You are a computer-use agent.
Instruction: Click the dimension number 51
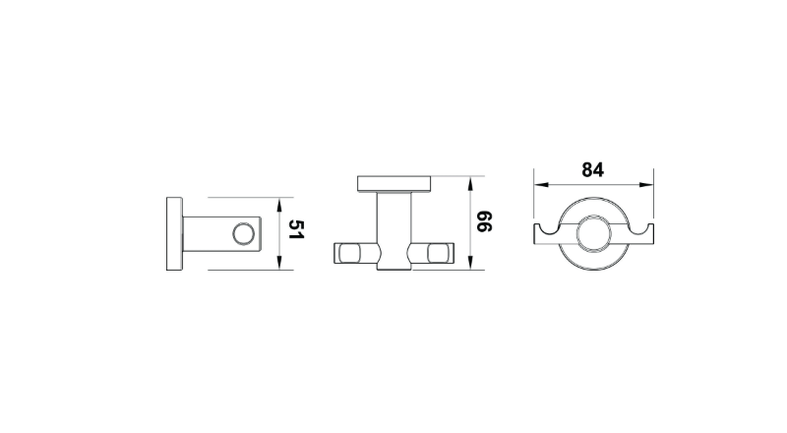point(296,229)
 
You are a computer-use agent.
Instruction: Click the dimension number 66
point(484,221)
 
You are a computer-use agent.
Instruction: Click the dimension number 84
point(593,170)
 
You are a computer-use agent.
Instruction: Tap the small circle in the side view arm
point(244,233)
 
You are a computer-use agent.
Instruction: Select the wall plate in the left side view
point(174,233)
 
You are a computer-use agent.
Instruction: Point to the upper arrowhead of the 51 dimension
point(279,205)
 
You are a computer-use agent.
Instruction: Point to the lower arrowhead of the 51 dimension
point(279,263)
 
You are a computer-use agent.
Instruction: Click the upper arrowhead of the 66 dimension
point(470,184)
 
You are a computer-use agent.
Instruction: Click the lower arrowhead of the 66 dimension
point(470,262)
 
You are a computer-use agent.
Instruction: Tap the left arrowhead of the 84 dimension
point(542,185)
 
